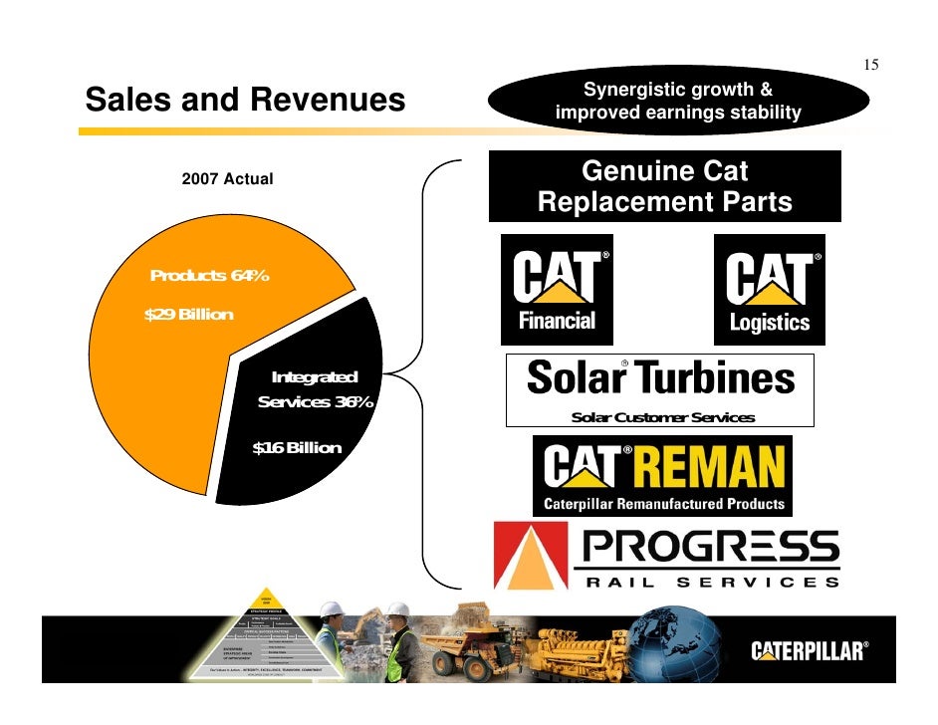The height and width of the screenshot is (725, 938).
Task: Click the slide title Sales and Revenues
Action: click(x=245, y=101)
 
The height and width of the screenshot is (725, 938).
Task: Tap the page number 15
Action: click(x=870, y=66)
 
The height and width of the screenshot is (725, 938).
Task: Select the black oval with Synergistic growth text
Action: click(x=677, y=102)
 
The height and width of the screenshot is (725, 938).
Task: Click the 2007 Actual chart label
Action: click(x=227, y=179)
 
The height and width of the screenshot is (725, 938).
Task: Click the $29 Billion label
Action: click(x=189, y=315)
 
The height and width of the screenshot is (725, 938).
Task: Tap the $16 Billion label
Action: click(x=297, y=448)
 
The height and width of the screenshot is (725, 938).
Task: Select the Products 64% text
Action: click(x=208, y=276)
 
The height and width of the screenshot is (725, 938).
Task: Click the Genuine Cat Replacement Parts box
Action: click(x=664, y=186)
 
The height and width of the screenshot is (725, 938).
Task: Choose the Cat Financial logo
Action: click(x=556, y=290)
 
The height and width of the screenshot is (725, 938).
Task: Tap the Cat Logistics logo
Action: click(x=769, y=290)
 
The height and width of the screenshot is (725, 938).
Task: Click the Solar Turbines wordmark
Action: click(x=660, y=378)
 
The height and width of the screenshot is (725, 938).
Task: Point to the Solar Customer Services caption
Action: click(x=662, y=417)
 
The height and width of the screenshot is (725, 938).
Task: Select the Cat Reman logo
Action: click(x=663, y=476)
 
